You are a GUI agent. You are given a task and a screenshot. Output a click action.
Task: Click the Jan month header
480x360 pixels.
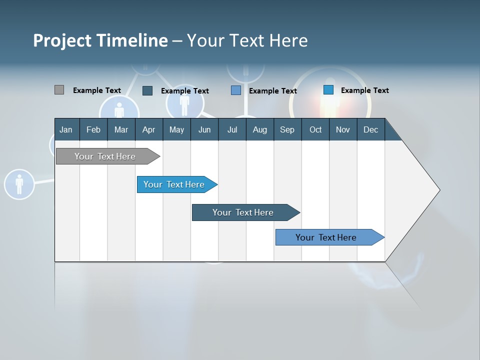tap(66, 129)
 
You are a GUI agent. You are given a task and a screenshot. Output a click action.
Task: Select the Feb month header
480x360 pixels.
tap(93, 129)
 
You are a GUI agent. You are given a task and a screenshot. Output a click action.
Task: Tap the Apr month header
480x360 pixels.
tap(148, 129)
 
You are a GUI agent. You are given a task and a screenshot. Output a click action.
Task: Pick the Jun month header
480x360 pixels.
tap(204, 129)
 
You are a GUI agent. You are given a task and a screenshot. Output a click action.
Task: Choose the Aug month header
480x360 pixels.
tap(259, 129)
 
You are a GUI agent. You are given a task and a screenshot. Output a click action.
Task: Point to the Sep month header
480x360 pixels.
tap(287, 129)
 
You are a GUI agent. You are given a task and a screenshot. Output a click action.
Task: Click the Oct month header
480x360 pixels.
tap(315, 129)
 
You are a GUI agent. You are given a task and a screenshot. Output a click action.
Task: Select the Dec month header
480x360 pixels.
tap(370, 129)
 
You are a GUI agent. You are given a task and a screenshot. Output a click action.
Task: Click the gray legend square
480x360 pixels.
tap(59, 90)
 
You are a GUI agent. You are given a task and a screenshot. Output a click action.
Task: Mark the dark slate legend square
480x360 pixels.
tap(147, 90)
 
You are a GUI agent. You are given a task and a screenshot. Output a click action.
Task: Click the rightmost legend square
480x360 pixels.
tap(328, 90)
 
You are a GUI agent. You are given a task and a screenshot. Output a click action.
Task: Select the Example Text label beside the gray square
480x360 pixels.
tap(97, 90)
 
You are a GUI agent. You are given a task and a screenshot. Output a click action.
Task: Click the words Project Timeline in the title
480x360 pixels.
tap(100, 40)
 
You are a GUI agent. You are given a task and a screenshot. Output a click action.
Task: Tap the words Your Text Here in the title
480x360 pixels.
tap(247, 40)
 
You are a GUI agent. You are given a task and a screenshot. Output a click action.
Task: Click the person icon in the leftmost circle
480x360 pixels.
tap(19, 184)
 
